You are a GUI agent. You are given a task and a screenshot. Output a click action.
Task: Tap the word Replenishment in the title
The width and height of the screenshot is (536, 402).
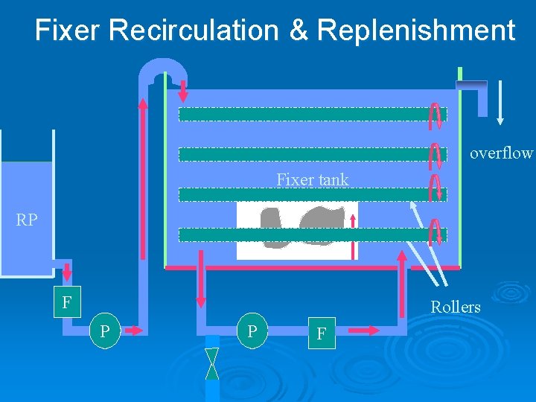(415, 31)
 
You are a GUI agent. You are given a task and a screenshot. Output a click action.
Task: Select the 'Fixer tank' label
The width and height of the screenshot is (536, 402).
(312, 179)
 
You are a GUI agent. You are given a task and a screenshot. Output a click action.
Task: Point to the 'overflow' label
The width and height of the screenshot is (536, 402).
(501, 153)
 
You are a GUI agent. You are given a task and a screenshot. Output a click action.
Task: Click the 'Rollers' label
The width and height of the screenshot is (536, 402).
(456, 307)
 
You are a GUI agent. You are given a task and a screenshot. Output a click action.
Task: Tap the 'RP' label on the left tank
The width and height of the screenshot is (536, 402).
(27, 220)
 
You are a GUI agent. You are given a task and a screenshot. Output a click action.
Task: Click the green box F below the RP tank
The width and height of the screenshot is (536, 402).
(68, 303)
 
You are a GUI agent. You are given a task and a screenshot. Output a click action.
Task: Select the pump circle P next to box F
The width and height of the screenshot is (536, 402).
(106, 331)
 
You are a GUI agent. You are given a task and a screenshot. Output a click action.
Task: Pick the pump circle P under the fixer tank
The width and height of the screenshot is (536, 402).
(252, 331)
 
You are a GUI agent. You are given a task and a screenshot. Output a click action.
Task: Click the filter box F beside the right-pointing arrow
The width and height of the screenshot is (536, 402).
(322, 334)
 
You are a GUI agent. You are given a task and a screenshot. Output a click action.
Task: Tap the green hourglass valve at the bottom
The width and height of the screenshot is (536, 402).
(212, 364)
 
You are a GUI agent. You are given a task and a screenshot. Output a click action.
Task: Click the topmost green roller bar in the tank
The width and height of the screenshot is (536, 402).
(302, 114)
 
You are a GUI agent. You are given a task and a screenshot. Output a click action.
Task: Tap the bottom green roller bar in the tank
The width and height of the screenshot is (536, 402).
(302, 234)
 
